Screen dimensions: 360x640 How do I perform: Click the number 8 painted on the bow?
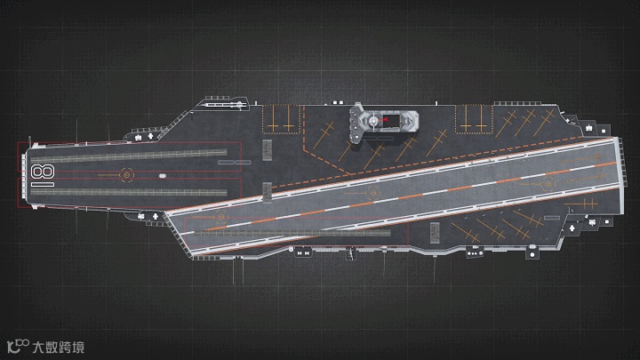(40, 172)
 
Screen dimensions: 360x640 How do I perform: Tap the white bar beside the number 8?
(42, 184)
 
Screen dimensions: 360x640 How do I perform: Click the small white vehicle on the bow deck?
(164, 174)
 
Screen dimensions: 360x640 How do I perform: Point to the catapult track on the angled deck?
(293, 232)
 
